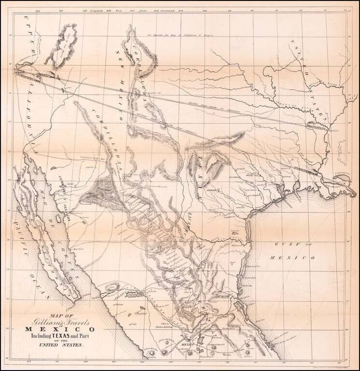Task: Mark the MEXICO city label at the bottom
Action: click(x=184, y=345)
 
